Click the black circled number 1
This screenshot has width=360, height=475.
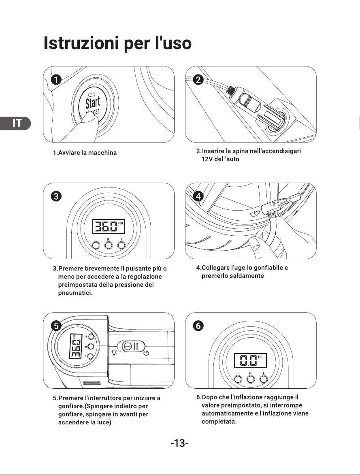coord(56,80)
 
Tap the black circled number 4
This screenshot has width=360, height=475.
coord(198,196)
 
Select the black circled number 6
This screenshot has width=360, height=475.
coord(198,326)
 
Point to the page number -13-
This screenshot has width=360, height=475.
coord(180,443)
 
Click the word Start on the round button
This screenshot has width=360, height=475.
coord(92,103)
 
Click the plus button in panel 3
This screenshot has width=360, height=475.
coord(121,245)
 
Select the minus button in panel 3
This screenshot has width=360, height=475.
coord(96,245)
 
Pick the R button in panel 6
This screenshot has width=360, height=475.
coord(251,379)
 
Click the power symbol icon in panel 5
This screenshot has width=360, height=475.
coord(146,353)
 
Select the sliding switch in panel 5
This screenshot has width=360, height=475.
coord(131,346)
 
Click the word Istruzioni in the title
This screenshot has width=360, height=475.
coord(81,43)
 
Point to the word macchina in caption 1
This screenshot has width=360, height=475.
coord(102,153)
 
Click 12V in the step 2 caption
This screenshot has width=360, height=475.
coord(207,159)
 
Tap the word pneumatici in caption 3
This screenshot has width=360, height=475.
coord(75,293)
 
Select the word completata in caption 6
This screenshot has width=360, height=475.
coord(219,422)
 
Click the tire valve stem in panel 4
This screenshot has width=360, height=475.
coord(255,213)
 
